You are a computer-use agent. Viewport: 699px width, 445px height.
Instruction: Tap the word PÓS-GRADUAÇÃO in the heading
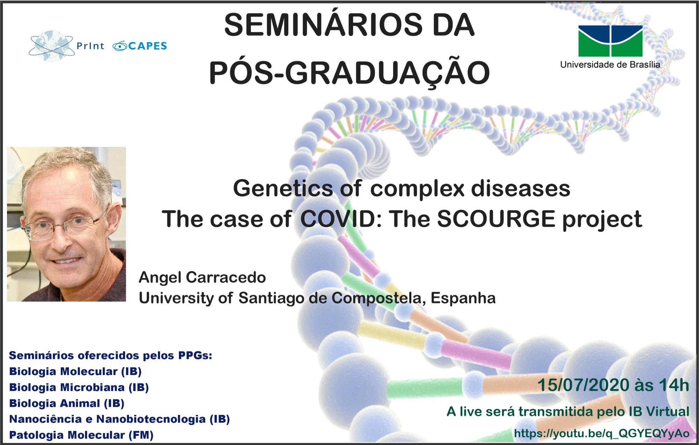(349, 72)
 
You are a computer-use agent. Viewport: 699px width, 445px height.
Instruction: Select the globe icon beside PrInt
(51, 46)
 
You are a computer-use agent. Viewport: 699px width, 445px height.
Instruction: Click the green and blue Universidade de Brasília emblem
(610, 41)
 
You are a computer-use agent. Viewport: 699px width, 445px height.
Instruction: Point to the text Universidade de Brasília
(610, 65)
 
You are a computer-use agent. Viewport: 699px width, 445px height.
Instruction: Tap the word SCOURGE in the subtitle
(496, 219)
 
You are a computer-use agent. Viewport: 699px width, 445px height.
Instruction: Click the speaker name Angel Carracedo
(202, 277)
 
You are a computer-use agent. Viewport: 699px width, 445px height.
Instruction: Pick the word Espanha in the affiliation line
(463, 298)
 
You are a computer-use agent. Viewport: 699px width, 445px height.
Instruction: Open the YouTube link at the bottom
(601, 433)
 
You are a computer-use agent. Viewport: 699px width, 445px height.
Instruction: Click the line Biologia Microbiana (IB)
(79, 387)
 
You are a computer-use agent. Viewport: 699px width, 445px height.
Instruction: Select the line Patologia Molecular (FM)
(81, 435)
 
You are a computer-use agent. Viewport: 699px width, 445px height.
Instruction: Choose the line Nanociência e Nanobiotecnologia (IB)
(120, 419)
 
